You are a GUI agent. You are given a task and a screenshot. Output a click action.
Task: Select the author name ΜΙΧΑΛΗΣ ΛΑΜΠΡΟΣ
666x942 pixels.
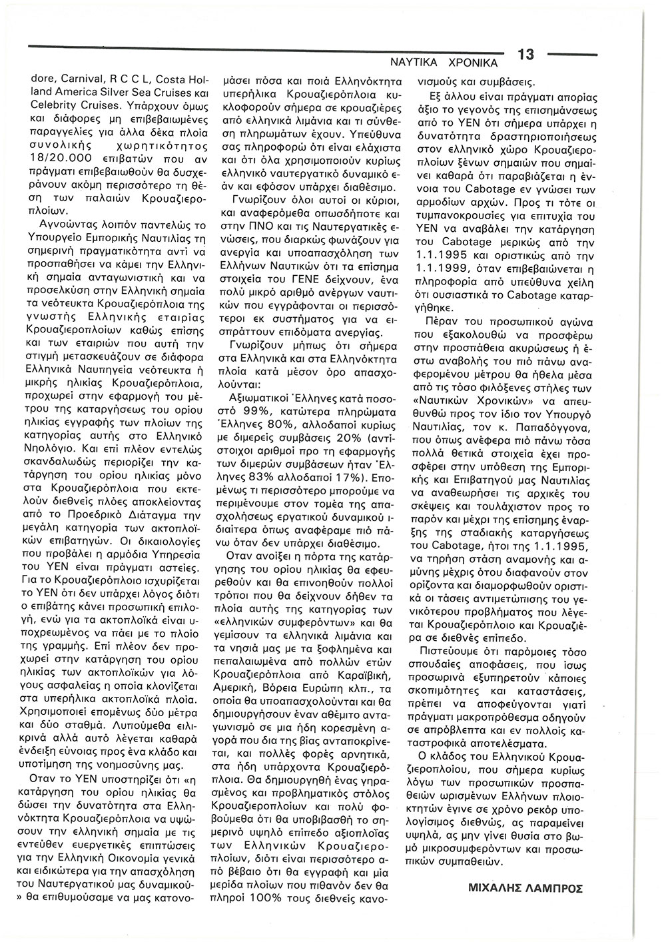(526, 888)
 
